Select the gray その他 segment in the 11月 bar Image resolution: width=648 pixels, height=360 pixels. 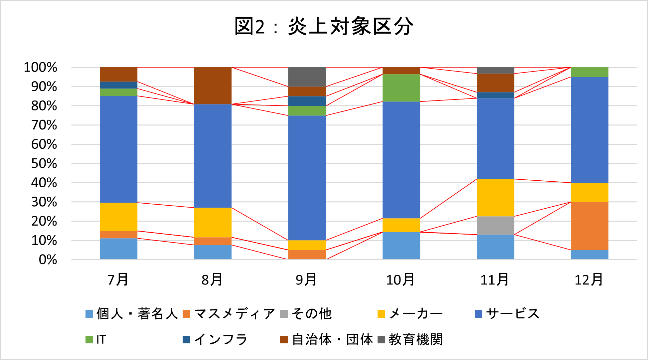[x=495, y=226]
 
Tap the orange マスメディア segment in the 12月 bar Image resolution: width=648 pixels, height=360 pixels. [x=589, y=226]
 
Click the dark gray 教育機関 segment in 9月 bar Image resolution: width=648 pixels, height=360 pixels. [x=307, y=77]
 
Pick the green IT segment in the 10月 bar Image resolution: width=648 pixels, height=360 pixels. [x=401, y=88]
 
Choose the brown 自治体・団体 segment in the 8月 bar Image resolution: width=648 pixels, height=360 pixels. [x=213, y=86]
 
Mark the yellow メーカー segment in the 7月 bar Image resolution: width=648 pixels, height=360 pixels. [x=118, y=217]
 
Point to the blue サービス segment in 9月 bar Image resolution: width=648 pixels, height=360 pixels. [x=307, y=178]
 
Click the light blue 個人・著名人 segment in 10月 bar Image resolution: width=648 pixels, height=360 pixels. [x=401, y=246]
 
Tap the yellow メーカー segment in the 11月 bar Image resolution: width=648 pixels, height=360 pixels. [x=495, y=198]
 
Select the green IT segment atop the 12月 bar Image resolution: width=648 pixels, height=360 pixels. [x=589, y=72]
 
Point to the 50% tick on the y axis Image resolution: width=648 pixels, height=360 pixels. [x=44, y=164]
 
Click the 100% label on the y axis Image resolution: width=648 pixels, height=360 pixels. [x=41, y=68]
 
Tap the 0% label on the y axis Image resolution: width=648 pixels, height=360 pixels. [x=48, y=260]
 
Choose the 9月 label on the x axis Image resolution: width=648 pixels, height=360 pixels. [x=306, y=279]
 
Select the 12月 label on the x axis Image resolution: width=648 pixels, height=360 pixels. [x=589, y=279]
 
